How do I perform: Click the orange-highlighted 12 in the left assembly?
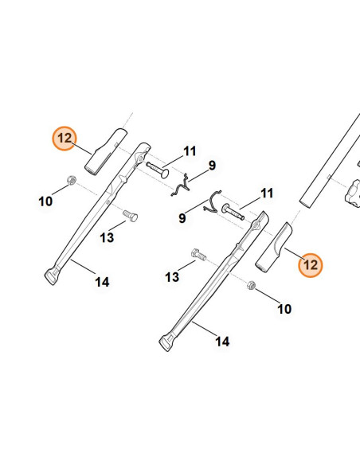click(65, 139)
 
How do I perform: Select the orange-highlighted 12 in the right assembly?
click(310, 265)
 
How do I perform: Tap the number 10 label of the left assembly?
click(45, 201)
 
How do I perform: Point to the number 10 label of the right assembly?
click(284, 309)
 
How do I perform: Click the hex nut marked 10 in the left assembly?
click(72, 180)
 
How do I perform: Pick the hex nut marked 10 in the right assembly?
click(251, 285)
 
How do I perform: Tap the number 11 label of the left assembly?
click(190, 151)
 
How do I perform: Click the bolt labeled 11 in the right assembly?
click(233, 212)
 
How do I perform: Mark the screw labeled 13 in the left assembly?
click(130, 216)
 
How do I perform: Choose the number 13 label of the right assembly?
click(172, 277)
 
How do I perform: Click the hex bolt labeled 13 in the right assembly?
click(198, 255)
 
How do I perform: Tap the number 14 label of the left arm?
click(102, 282)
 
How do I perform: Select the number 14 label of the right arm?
click(222, 342)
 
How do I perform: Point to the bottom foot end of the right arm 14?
click(166, 343)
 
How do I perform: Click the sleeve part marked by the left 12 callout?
click(106, 152)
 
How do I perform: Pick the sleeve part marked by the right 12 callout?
click(273, 247)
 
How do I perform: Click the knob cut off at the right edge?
click(354, 193)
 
